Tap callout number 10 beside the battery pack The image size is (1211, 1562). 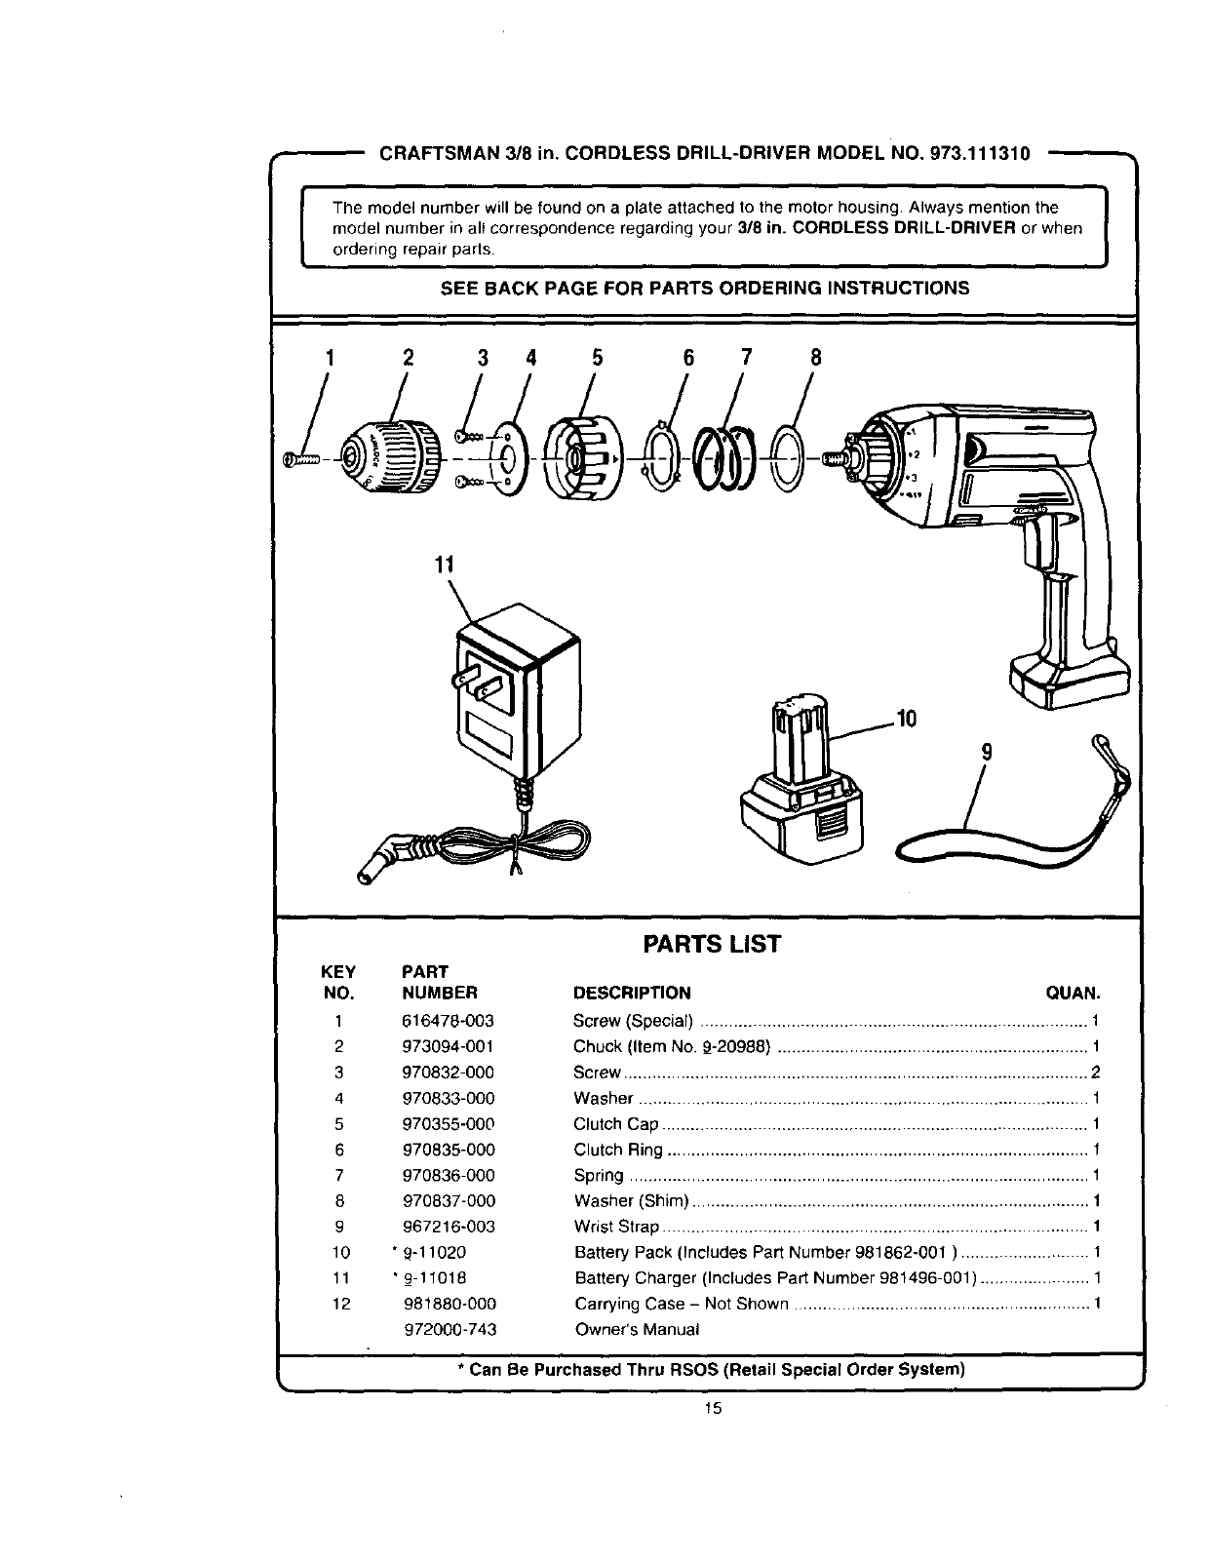coord(907,720)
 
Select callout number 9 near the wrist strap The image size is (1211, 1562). coord(986,752)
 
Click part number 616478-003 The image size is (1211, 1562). coord(448,1021)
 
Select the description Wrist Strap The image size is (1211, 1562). coord(616,1227)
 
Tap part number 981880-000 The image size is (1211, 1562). coord(449,1304)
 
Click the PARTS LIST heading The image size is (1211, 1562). coord(711,944)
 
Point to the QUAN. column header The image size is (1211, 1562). coord(1073,994)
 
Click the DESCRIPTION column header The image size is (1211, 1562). coord(632,994)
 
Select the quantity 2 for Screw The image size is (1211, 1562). coord(1096,1073)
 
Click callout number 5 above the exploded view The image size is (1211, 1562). coord(597,358)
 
